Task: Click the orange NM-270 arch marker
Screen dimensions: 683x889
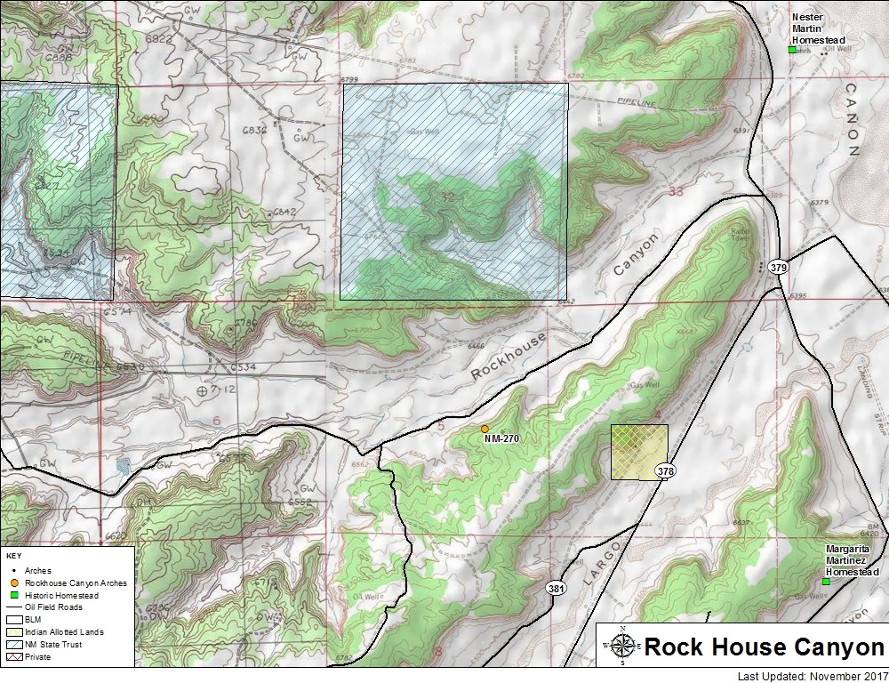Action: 484,429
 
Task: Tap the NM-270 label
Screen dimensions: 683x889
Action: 501,438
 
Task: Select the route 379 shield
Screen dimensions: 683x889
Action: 778,267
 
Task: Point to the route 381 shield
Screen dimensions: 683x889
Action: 556,590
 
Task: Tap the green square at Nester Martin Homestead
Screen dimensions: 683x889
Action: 792,50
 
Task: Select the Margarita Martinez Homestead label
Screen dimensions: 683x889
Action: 852,560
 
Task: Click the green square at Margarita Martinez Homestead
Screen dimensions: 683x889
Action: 826,582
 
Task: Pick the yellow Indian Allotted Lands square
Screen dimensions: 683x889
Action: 639,452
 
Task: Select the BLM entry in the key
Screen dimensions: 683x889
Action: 34,620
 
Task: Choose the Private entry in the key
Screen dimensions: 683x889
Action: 39,657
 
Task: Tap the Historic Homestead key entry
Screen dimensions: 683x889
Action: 59,595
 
